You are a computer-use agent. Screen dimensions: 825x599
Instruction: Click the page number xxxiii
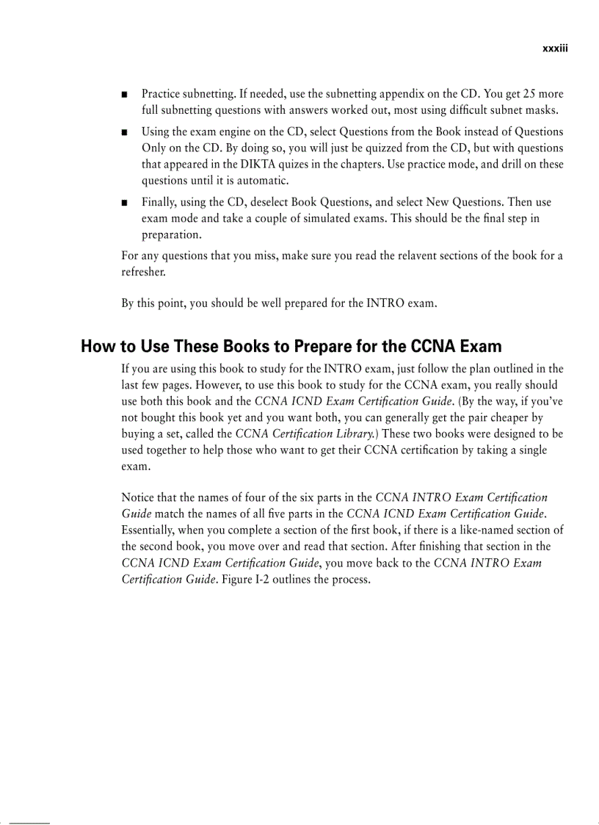[556, 48]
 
